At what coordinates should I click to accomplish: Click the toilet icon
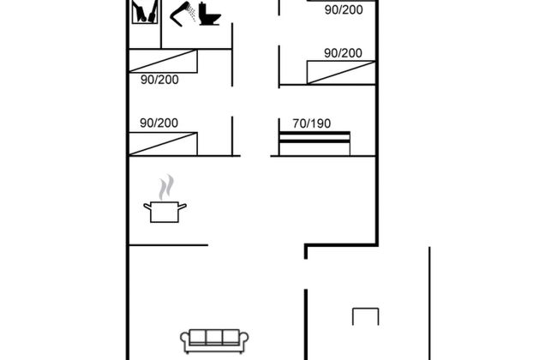[x=209, y=14]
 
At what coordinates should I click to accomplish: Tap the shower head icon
[x=183, y=15]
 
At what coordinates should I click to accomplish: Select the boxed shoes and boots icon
[x=145, y=12]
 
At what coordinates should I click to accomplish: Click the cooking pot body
[x=165, y=213]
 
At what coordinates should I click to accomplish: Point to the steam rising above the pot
[x=166, y=187]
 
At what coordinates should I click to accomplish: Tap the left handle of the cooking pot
[x=147, y=207]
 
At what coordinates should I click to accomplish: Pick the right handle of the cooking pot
[x=182, y=207]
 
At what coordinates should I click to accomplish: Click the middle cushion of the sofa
[x=214, y=337]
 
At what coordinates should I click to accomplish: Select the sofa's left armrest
[x=185, y=341]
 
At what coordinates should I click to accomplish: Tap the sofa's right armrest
[x=243, y=341]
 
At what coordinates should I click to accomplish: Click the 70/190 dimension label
[x=312, y=123]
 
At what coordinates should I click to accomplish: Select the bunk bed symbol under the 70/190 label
[x=314, y=144]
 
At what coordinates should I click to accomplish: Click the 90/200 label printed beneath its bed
[x=159, y=80]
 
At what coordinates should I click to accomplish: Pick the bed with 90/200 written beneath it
[x=163, y=61]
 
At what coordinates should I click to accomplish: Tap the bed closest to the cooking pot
[x=163, y=144]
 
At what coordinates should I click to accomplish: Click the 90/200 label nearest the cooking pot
[x=159, y=123]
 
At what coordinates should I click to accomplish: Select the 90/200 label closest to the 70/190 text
[x=343, y=53]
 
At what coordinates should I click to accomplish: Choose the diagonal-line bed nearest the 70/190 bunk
[x=341, y=73]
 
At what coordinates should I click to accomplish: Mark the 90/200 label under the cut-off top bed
[x=344, y=10]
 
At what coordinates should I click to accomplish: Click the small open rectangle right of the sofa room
[x=366, y=309]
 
